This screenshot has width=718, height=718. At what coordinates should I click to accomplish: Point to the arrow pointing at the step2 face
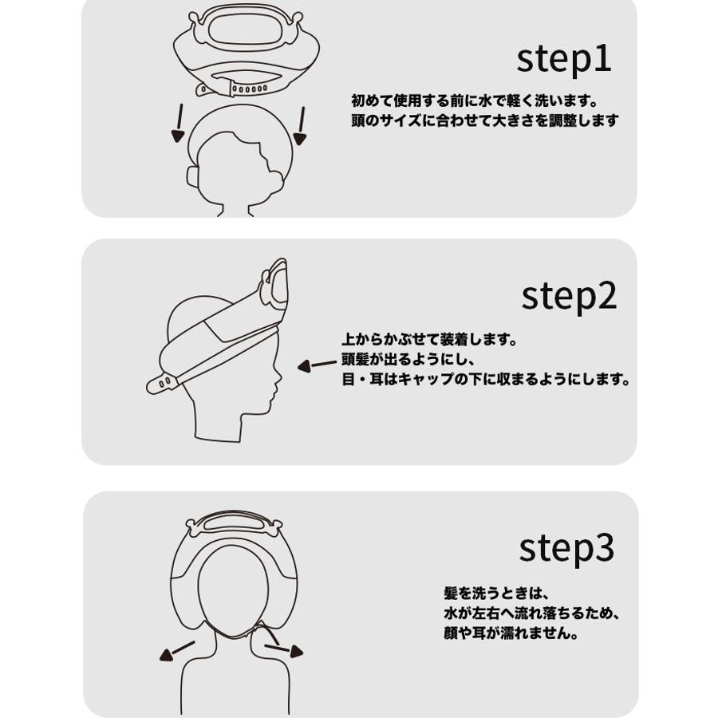(x=317, y=366)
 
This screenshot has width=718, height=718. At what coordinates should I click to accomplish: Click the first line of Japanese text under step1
(x=474, y=102)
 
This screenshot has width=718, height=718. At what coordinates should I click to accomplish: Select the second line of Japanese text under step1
(x=484, y=122)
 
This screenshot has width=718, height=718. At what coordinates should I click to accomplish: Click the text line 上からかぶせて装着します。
(x=429, y=341)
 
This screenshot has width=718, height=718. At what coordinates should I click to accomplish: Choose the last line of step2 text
(x=486, y=381)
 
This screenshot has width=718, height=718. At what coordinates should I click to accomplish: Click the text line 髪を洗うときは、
(x=498, y=594)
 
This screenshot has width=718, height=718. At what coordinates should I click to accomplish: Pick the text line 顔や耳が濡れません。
(x=511, y=635)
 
